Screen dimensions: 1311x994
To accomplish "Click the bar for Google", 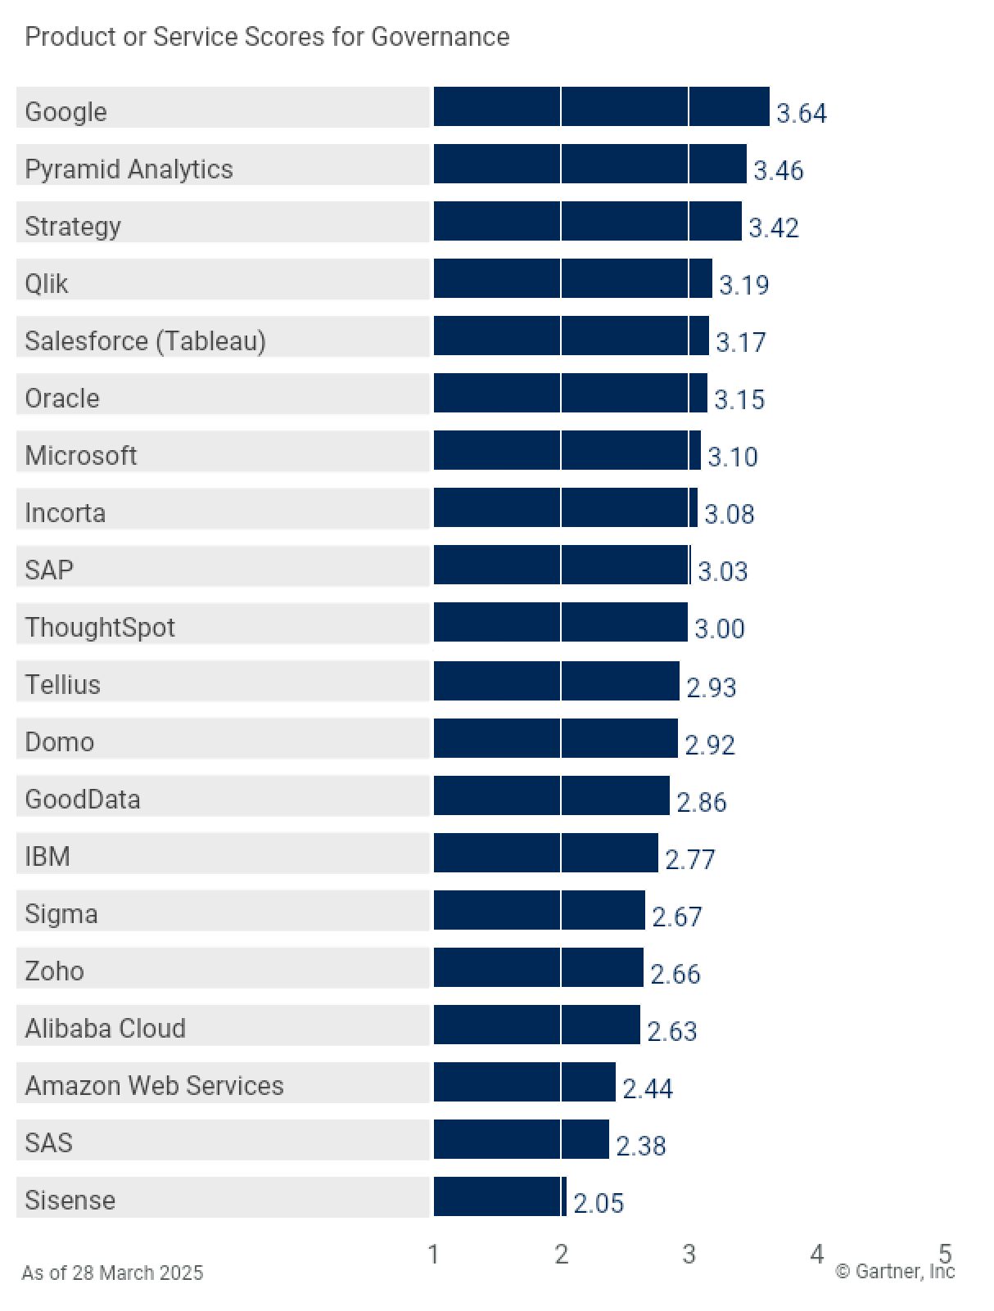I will coord(601,107).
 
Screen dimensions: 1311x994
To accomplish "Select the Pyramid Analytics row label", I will coord(129,169).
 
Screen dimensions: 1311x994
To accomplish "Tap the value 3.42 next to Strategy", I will coord(773,228).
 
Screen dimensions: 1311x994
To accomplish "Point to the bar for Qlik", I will coord(572,279).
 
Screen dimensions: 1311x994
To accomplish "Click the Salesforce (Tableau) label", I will coord(145,341).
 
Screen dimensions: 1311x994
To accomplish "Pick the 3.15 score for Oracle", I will coord(739,399).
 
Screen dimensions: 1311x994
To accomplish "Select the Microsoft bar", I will coord(567,451).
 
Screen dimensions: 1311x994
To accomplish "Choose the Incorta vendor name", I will coord(65,513).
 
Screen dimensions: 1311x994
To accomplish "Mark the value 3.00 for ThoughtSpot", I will coord(719,628).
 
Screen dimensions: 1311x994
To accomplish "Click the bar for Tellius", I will coord(556,681).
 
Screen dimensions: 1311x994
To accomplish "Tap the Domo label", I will coord(59,742).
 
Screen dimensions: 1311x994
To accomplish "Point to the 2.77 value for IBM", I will coord(689,859).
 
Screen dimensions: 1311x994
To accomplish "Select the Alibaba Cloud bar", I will coord(536,1025).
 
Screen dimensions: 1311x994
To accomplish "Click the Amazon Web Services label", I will coord(154,1086).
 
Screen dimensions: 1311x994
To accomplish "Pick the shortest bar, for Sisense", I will coord(499,1196).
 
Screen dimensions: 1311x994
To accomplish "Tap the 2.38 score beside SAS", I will coord(640,1146).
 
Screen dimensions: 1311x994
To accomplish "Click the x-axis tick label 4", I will coord(816,1254).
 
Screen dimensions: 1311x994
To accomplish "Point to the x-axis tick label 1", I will coord(433,1254).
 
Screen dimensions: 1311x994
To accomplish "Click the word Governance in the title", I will coord(440,37).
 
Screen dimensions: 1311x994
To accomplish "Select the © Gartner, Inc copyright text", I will coord(894,1272).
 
